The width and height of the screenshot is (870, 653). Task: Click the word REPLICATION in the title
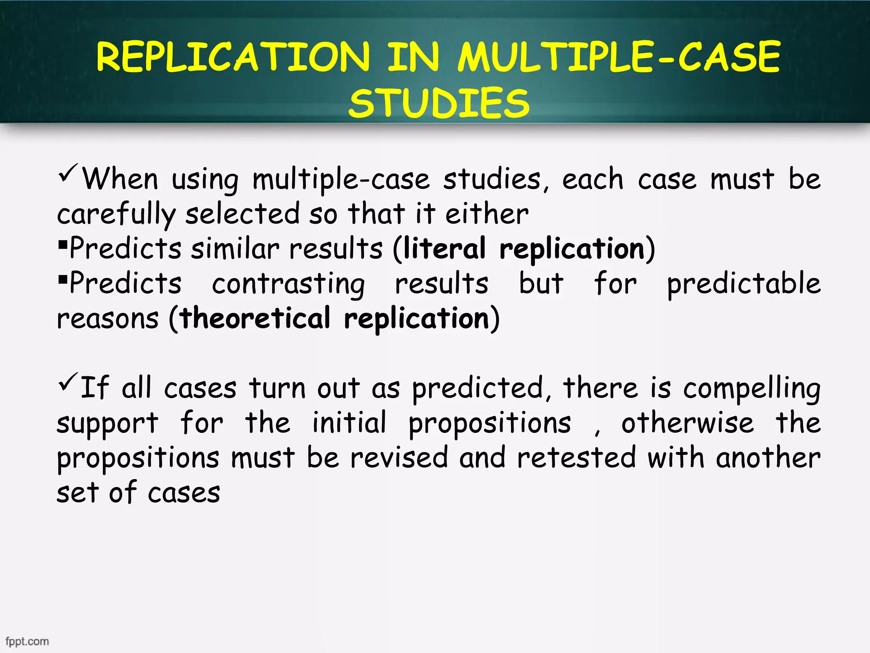233,57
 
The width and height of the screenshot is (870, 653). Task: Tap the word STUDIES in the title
439,103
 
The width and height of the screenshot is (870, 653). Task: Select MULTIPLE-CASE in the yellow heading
619,57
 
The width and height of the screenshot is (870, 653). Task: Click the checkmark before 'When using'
68,173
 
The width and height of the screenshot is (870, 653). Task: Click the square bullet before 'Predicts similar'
63,244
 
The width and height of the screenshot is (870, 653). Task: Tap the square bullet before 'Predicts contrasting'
63,279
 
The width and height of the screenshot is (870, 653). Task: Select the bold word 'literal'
444,248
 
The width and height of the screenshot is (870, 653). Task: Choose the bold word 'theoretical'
255,318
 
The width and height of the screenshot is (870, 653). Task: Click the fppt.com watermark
27,641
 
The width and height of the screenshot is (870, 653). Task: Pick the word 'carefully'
116,214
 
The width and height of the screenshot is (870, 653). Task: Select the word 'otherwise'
687,423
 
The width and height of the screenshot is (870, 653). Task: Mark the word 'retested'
576,458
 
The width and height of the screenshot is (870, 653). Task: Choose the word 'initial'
349,423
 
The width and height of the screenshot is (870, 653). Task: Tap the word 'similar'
235,248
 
